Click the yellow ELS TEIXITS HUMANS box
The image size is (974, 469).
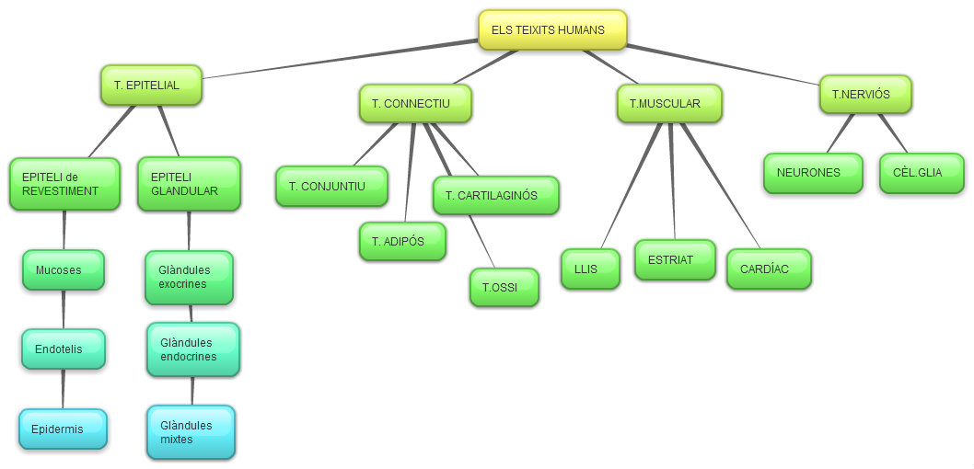(x=552, y=29)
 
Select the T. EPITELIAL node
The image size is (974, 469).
(x=151, y=85)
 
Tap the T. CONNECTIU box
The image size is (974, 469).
(x=415, y=104)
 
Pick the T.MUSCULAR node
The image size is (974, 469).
(x=669, y=104)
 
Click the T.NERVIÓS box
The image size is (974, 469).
(x=865, y=94)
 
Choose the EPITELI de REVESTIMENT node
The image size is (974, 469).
(x=64, y=184)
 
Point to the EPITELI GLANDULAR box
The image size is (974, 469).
(x=189, y=184)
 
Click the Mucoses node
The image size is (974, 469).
(x=63, y=270)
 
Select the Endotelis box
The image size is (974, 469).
(x=63, y=349)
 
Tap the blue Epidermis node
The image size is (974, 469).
(x=63, y=429)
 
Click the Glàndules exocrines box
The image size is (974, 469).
(x=189, y=278)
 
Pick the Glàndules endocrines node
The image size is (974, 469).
(x=192, y=349)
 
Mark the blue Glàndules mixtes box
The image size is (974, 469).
(x=191, y=432)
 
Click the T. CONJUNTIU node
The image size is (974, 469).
(x=331, y=187)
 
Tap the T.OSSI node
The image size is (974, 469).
(x=504, y=288)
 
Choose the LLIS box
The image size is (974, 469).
(x=590, y=269)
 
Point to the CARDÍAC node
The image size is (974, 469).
(x=769, y=269)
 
